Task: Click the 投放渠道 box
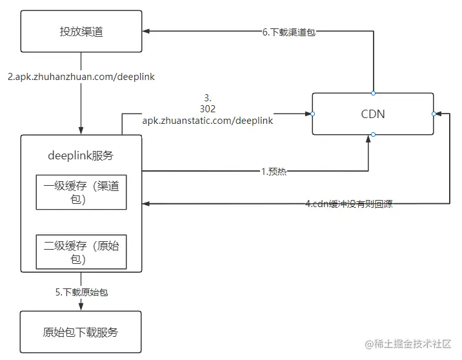(81, 31)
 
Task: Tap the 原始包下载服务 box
(81, 332)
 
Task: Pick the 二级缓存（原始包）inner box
(81, 251)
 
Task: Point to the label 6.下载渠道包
(288, 31)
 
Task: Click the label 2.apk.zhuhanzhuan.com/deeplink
(81, 77)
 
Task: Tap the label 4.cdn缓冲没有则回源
(348, 204)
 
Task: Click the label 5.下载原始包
(81, 292)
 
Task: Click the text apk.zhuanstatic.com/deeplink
(207, 120)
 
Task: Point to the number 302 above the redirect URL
(207, 109)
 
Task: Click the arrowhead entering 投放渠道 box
(146, 31)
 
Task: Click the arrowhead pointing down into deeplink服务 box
(81, 131)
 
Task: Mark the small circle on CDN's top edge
(374, 93)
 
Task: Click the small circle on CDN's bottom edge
(374, 135)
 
